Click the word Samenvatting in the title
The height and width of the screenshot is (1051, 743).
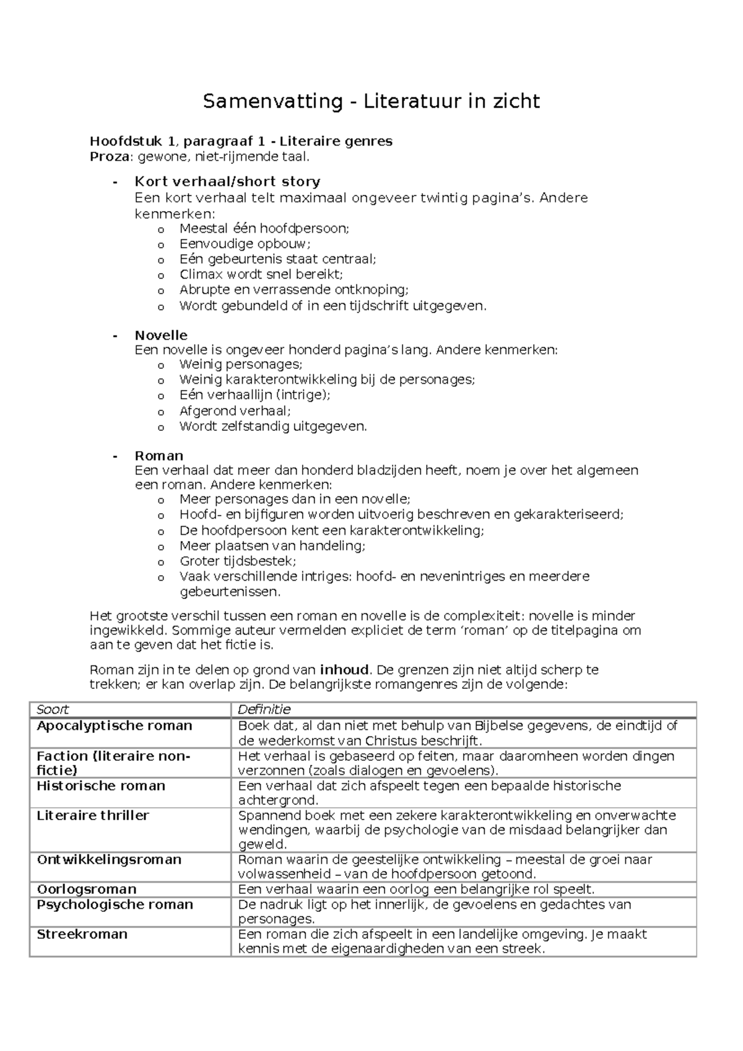(272, 101)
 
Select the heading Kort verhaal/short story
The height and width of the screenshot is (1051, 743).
(227, 181)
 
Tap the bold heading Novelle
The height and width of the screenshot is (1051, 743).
(161, 335)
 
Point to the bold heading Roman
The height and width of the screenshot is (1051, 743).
(159, 456)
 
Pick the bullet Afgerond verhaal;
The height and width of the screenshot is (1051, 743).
(235, 410)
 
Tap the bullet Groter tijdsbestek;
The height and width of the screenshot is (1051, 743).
(238, 561)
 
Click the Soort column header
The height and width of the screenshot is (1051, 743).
(53, 709)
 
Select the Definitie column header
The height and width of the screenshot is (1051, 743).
(264, 709)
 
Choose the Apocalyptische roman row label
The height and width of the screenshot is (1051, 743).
(115, 725)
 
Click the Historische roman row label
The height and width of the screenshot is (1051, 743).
(101, 785)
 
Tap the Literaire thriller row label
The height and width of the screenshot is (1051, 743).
(93, 815)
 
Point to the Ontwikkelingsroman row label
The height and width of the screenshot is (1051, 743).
(109, 859)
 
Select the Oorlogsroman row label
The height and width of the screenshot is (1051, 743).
(86, 889)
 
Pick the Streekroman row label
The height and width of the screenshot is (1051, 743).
(82, 934)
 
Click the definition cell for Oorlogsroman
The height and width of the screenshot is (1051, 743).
(416, 889)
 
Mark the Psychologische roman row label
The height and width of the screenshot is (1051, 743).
(115, 904)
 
